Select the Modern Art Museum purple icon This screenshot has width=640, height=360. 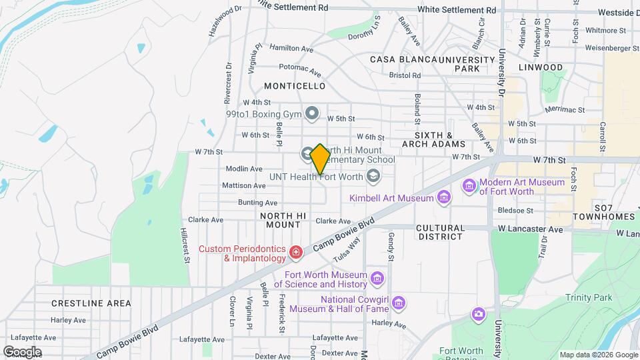tap(470, 185)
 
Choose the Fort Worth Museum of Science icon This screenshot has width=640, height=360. tap(377, 277)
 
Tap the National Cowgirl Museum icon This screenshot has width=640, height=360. tap(399, 303)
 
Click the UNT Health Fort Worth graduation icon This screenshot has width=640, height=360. tap(373, 176)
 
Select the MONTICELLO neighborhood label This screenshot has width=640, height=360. tap(295, 86)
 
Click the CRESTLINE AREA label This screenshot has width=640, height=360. tap(91, 303)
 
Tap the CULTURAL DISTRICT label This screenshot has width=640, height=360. tap(440, 232)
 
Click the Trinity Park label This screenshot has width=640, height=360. tap(587, 297)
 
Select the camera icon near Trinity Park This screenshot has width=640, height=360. tap(478, 314)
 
